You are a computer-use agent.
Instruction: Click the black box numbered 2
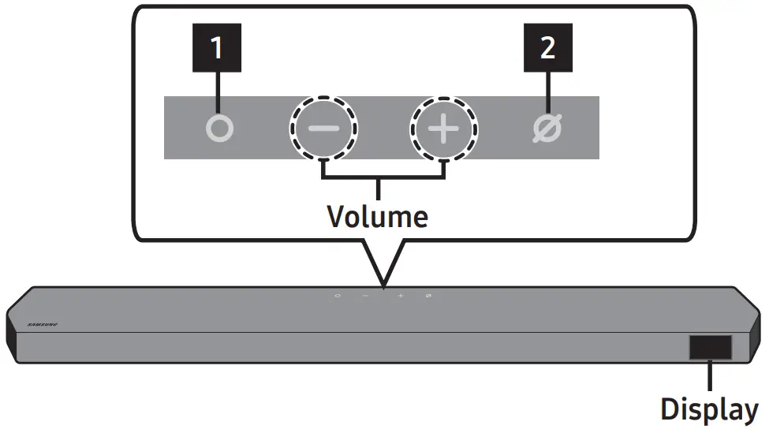(548, 49)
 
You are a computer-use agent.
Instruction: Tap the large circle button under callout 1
(219, 129)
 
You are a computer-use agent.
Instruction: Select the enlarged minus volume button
(323, 129)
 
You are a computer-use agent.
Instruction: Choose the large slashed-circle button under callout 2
(547, 129)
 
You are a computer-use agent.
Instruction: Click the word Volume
(378, 215)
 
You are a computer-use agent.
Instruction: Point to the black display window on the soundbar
(710, 347)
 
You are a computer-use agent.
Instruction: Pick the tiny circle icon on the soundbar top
(338, 296)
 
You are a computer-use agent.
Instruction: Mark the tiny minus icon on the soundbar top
(366, 296)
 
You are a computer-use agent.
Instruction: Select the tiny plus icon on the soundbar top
(400, 296)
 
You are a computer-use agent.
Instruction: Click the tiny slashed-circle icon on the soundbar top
(428, 296)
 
